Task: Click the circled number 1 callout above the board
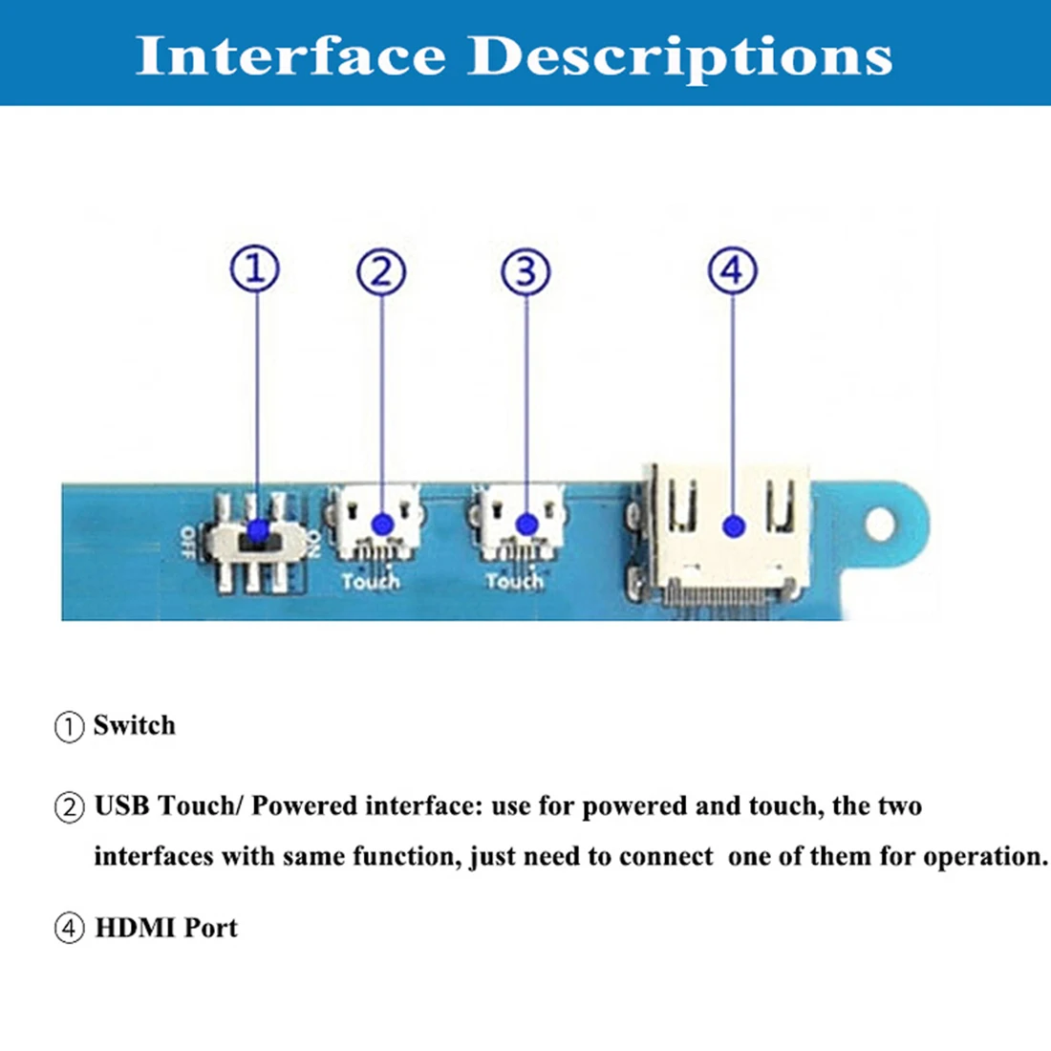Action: (255, 268)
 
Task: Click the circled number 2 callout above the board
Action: (381, 272)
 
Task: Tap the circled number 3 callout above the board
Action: (525, 272)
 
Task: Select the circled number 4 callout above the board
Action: (732, 270)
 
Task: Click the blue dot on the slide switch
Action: (255, 530)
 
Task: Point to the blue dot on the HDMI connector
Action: (733, 525)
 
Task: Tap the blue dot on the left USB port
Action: (382, 524)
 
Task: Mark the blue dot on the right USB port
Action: (526, 524)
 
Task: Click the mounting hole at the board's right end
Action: (882, 524)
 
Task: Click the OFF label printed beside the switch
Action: (188, 540)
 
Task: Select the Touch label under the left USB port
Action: (370, 580)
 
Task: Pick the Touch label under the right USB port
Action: (514, 580)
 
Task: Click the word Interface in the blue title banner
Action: (291, 55)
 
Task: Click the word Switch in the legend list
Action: (135, 725)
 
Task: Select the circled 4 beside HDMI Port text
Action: (69, 928)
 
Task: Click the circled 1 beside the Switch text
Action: (69, 727)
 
